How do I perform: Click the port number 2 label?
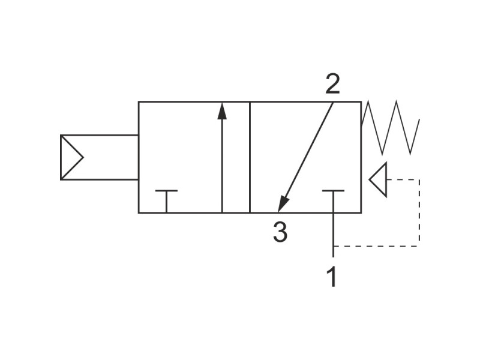point(332,84)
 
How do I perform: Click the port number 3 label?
point(280,232)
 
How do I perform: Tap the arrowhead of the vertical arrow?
point(222,111)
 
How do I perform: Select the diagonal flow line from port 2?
point(305,157)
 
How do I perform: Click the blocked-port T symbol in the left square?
point(166,201)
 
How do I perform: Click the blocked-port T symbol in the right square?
point(333,201)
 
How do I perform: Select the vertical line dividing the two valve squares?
point(250,157)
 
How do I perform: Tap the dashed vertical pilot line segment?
point(419,213)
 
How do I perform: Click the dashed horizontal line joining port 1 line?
point(376,246)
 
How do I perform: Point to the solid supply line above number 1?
point(333,235)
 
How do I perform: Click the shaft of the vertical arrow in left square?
point(222,166)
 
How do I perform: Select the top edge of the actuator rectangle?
point(100,135)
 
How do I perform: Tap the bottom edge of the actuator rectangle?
point(100,179)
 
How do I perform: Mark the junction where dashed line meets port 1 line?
point(333,246)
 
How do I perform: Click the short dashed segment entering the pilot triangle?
point(403,179)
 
